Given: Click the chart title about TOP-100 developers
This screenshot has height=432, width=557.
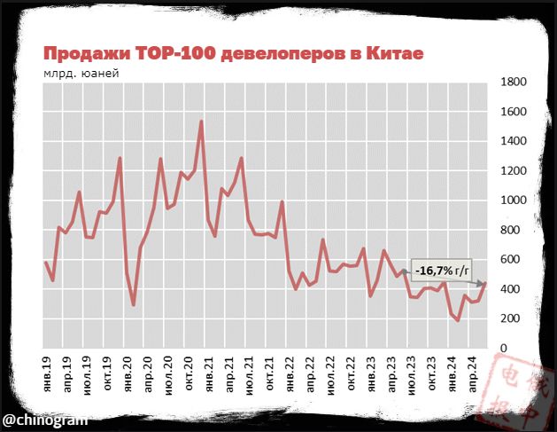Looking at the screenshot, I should (x=234, y=54).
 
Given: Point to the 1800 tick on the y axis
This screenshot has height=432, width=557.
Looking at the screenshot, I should (x=514, y=82).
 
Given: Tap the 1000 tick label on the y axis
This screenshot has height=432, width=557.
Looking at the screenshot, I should (x=514, y=200).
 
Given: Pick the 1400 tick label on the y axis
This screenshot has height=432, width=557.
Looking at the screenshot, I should (x=514, y=141).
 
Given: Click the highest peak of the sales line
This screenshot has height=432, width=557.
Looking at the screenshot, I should (x=202, y=122).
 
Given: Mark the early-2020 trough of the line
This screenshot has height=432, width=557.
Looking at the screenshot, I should (x=134, y=305).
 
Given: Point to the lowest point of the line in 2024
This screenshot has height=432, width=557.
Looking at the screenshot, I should (x=458, y=320).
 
